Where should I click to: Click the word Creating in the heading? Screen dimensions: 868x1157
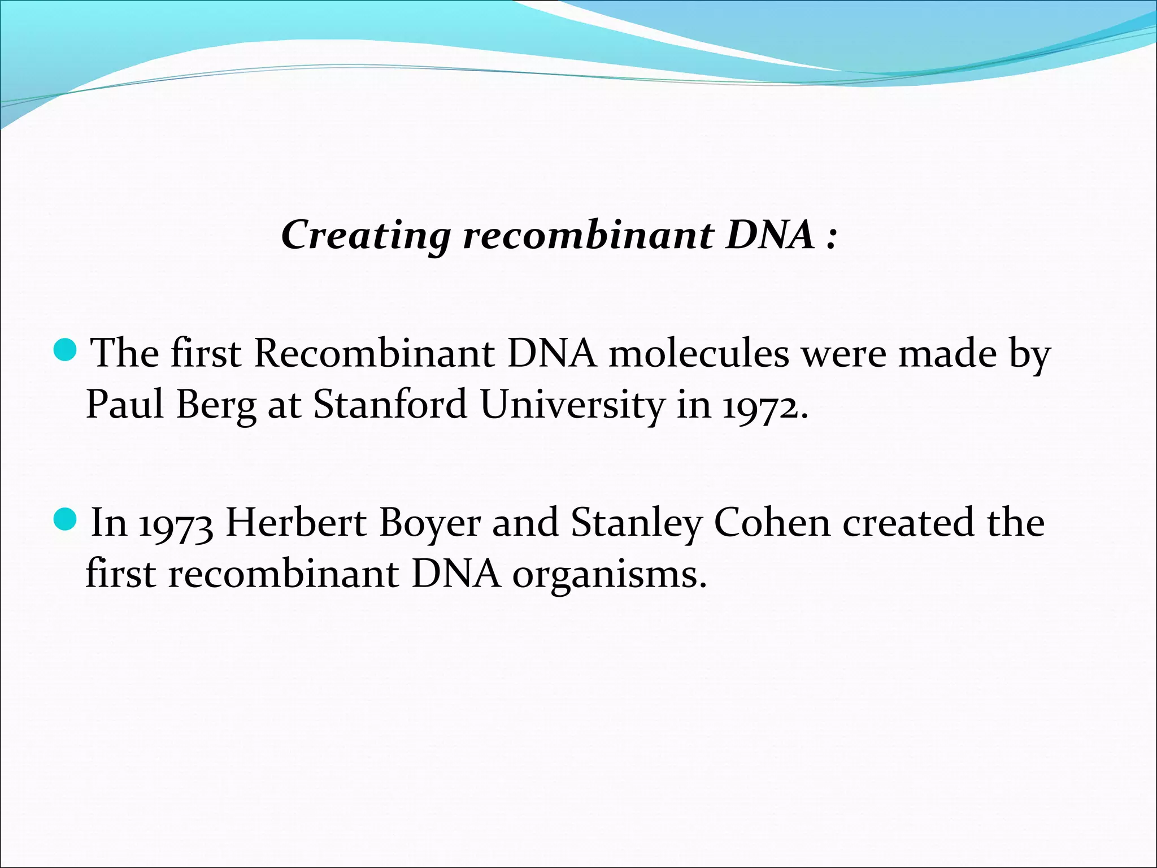(366, 235)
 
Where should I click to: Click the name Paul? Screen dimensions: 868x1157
(125, 405)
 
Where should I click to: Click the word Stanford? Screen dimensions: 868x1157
(390, 405)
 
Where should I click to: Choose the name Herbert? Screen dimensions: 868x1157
(296, 522)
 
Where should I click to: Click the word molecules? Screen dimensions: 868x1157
(698, 354)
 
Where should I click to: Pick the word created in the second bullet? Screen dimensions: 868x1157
(908, 522)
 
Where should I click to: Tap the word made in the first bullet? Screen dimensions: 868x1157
(947, 354)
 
